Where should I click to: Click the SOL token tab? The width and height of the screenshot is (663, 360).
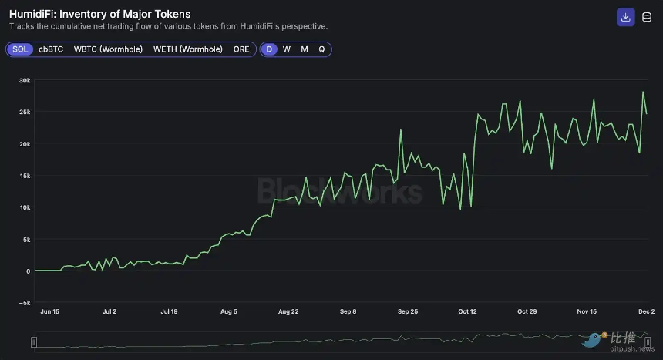(x=21, y=49)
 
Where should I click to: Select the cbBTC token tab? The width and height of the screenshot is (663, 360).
(x=51, y=49)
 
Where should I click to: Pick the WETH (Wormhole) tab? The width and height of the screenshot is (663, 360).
(x=188, y=49)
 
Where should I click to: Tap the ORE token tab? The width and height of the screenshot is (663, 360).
(x=241, y=49)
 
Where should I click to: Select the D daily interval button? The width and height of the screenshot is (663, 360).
(x=269, y=49)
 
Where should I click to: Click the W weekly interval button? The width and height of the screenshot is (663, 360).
(x=287, y=49)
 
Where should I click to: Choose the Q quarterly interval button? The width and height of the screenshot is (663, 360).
(x=321, y=49)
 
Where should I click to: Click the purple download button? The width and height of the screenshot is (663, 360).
(x=625, y=17)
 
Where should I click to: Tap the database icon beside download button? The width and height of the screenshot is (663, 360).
(x=646, y=17)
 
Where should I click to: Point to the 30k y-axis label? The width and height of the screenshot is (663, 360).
(x=24, y=80)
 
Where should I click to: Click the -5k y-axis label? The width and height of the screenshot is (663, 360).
(x=24, y=303)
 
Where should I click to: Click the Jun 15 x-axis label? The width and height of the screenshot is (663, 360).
(x=49, y=312)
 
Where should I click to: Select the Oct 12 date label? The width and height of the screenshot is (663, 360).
(x=467, y=312)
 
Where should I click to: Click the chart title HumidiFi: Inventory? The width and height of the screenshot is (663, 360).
(x=99, y=14)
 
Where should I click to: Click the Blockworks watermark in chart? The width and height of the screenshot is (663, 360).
(x=339, y=190)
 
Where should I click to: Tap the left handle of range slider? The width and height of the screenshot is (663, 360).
(x=34, y=341)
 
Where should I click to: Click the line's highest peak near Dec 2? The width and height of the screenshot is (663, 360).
(x=643, y=93)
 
